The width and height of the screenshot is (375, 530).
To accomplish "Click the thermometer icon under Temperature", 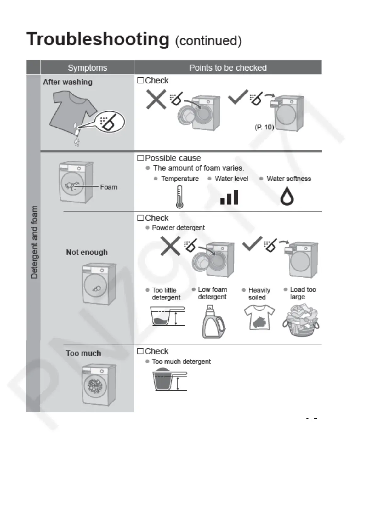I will pos(179,197).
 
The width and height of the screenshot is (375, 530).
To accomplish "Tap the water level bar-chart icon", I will pos(229,197).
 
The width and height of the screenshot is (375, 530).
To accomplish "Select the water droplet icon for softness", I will pos(287,196).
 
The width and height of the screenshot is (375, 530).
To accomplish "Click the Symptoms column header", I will pos(87,68).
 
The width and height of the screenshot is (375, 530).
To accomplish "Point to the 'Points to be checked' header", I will pos(228,68).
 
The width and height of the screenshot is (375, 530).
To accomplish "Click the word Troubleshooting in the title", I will pos(98,39).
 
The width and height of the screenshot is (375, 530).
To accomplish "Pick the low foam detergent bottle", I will pos(213,322).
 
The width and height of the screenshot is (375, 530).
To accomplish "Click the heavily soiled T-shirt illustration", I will pos(259,318).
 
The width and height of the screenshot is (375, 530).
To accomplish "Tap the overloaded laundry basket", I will pos(301,320).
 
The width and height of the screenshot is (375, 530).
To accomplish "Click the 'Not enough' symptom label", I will pos(87,252).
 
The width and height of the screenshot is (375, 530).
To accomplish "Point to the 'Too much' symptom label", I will pos(83,353).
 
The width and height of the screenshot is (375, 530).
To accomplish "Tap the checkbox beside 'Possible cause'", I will pos(140,158).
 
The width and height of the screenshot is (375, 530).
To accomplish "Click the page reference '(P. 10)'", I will pos(264,127).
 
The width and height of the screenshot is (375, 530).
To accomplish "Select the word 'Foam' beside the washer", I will pos(109,187).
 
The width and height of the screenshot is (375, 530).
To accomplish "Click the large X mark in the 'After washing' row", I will pos(156,99).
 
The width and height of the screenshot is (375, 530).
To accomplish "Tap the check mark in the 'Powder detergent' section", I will pos(252,243).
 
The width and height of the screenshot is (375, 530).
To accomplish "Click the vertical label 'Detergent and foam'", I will pos(34,242).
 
